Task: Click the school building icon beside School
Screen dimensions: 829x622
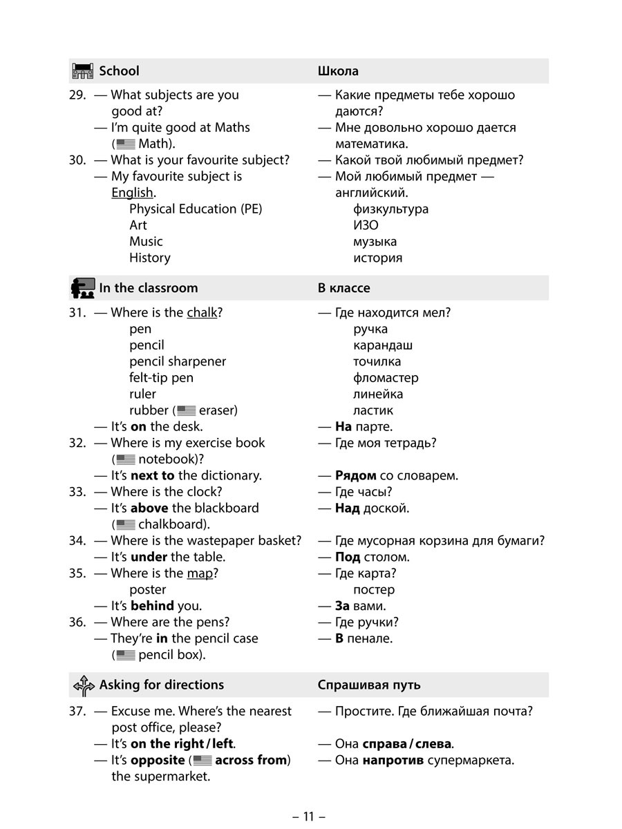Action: point(82,70)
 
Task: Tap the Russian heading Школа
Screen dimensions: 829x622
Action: point(338,71)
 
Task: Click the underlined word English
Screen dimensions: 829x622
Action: point(132,193)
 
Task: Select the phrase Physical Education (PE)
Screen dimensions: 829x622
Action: point(196,209)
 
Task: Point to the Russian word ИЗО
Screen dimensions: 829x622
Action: point(366,225)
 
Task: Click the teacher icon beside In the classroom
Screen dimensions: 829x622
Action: point(82,287)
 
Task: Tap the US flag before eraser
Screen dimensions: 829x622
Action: point(186,410)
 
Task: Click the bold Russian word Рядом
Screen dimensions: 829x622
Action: point(355,475)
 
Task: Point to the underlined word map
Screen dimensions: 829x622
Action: point(200,573)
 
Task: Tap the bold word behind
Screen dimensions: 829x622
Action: point(152,606)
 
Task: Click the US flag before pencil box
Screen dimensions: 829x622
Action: point(125,655)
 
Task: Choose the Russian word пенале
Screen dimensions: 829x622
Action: point(370,638)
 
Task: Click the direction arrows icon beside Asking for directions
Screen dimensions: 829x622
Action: point(83,685)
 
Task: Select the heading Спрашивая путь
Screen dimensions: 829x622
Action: point(369,685)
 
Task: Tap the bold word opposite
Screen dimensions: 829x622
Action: point(157,760)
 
